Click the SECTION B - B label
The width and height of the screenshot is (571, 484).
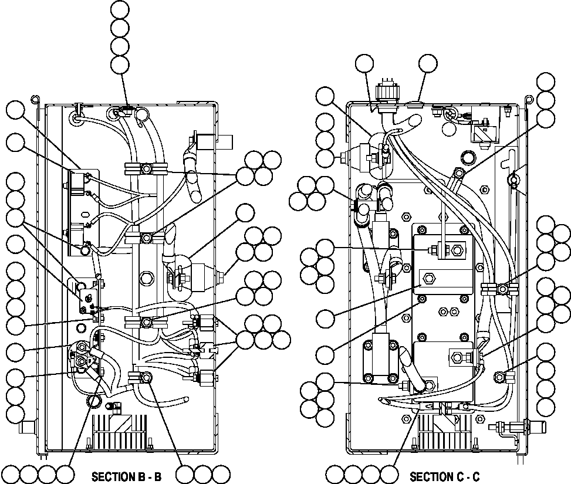[x=126, y=476]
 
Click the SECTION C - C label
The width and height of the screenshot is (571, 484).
[x=444, y=476]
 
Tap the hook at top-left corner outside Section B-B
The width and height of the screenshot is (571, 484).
[x=36, y=98]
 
